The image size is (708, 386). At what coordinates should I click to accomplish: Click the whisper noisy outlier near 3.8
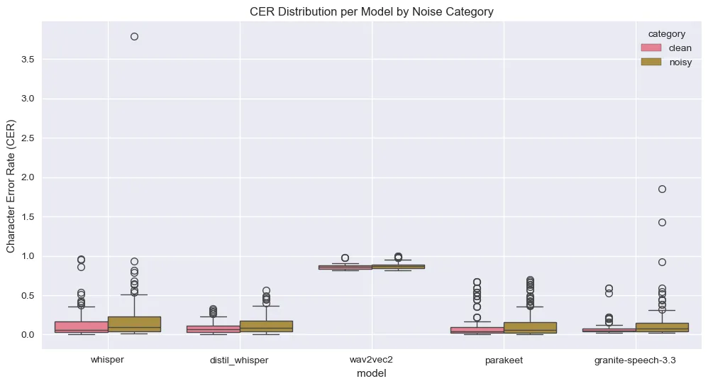134,36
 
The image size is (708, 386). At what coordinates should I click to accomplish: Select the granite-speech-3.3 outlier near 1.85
662,189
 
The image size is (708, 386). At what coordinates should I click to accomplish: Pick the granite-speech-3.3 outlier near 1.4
662,222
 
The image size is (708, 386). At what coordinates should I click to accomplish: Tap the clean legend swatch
651,48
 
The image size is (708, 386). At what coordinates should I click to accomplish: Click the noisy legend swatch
651,62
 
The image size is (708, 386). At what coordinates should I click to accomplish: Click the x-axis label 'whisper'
108,360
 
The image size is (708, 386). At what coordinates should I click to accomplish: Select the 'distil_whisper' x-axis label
240,360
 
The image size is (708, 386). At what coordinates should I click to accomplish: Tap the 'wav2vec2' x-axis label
372,360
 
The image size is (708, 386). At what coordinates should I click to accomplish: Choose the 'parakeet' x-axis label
503,360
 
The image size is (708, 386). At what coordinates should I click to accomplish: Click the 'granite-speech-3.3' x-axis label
635,360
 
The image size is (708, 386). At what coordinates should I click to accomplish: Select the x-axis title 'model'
371,373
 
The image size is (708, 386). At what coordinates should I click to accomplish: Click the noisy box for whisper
134,324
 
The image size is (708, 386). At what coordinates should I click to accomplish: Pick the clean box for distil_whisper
214,329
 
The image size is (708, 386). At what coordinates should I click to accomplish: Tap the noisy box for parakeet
529,328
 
